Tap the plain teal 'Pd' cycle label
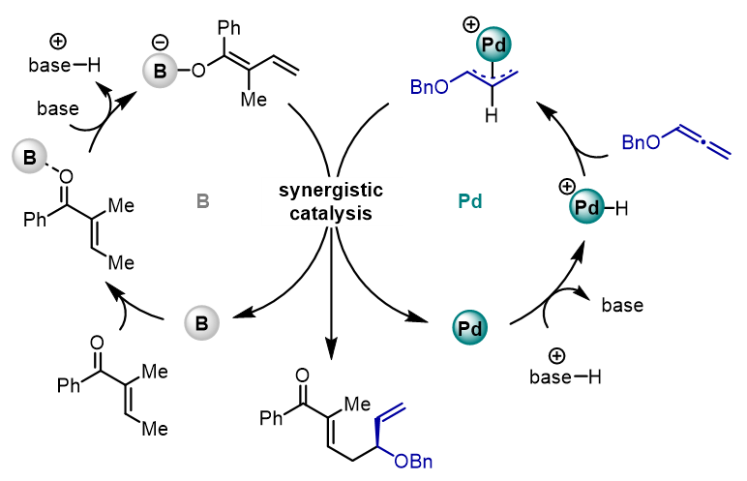(468, 201)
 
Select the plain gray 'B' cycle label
(203, 201)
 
